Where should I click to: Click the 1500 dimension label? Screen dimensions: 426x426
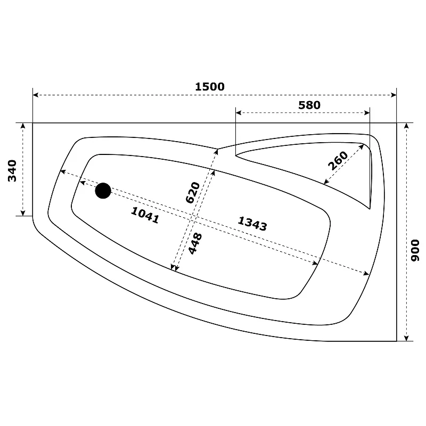(x=210, y=87)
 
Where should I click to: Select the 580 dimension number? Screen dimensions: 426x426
(x=309, y=105)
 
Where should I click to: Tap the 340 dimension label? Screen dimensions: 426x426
(x=12, y=170)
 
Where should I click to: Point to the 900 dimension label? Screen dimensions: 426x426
(x=415, y=250)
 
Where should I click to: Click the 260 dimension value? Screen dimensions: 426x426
(x=338, y=161)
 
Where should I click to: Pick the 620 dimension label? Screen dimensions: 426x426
(x=193, y=193)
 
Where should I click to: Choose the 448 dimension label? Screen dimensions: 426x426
(x=195, y=244)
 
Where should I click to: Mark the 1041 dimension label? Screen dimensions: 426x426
(x=145, y=215)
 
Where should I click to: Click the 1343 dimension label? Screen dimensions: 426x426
(x=252, y=224)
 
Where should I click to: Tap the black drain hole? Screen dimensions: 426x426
(x=103, y=191)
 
